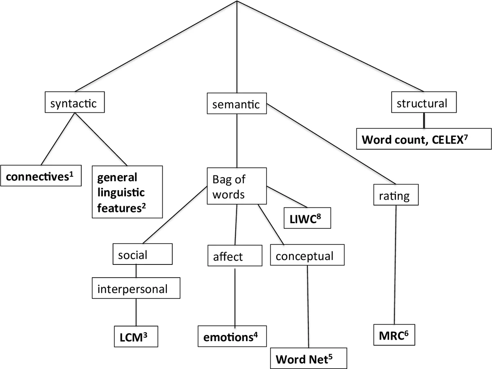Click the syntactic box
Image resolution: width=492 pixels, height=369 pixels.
click(x=74, y=103)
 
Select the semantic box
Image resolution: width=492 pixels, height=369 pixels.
click(x=236, y=105)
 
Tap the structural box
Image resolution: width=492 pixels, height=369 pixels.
click(x=422, y=103)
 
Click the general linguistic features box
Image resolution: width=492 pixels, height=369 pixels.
click(x=127, y=191)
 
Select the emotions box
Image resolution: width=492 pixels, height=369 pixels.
click(x=231, y=337)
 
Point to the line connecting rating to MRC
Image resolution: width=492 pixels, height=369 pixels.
click(x=395, y=266)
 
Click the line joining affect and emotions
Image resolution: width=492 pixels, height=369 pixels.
click(x=235, y=295)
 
